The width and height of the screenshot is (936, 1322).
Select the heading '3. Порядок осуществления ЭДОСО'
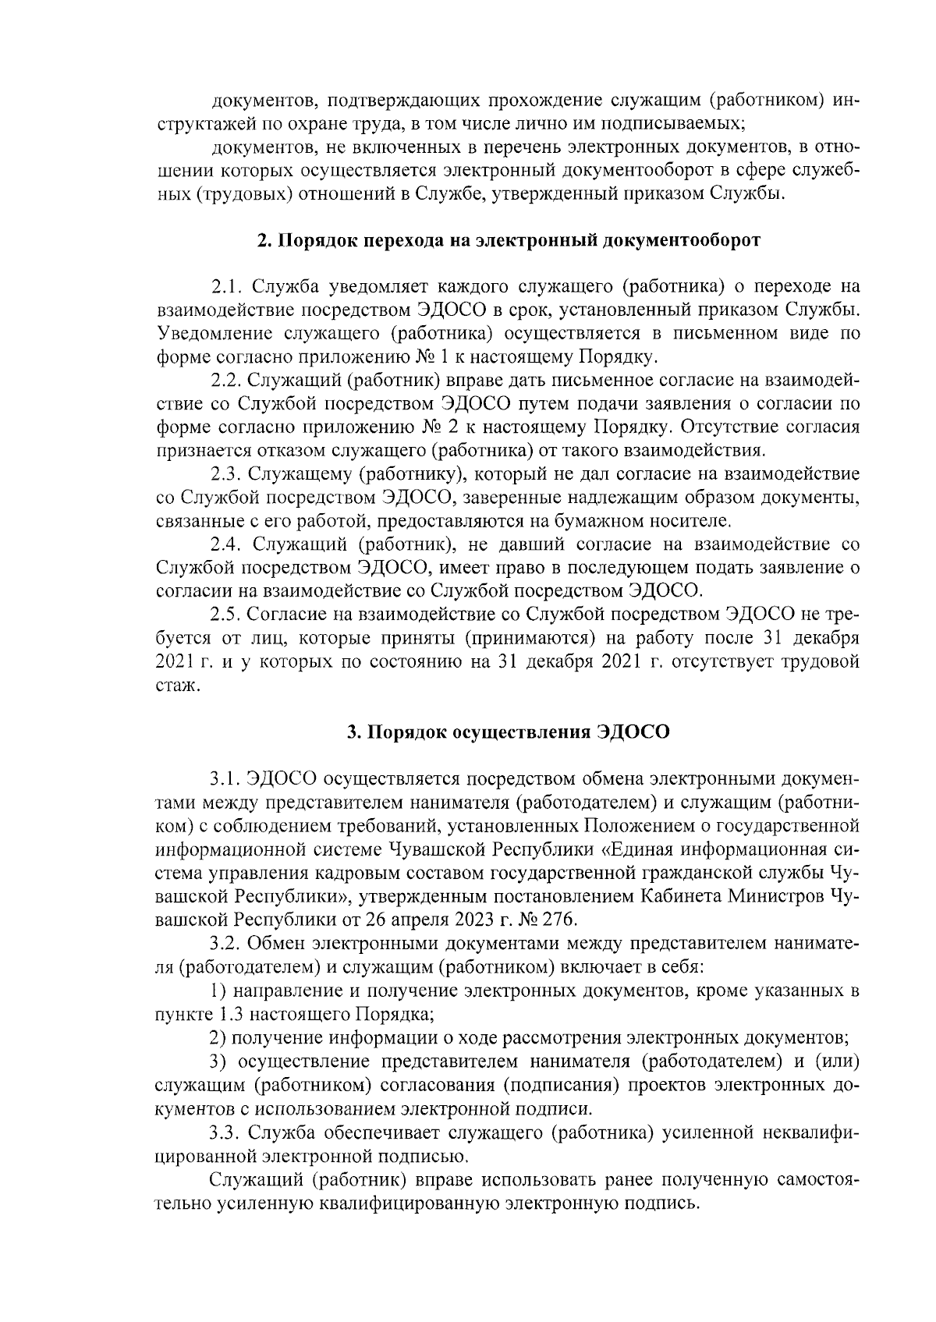pyautogui.click(x=509, y=732)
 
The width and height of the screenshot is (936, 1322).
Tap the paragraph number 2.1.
pyautogui.click(x=227, y=287)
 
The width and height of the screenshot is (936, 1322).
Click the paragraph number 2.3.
pyautogui.click(x=227, y=474)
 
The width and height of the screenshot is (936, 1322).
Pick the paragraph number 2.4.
pyautogui.click(x=227, y=544)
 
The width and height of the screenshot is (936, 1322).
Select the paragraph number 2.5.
pyautogui.click(x=227, y=615)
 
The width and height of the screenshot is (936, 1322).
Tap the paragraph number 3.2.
pyautogui.click(x=227, y=943)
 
